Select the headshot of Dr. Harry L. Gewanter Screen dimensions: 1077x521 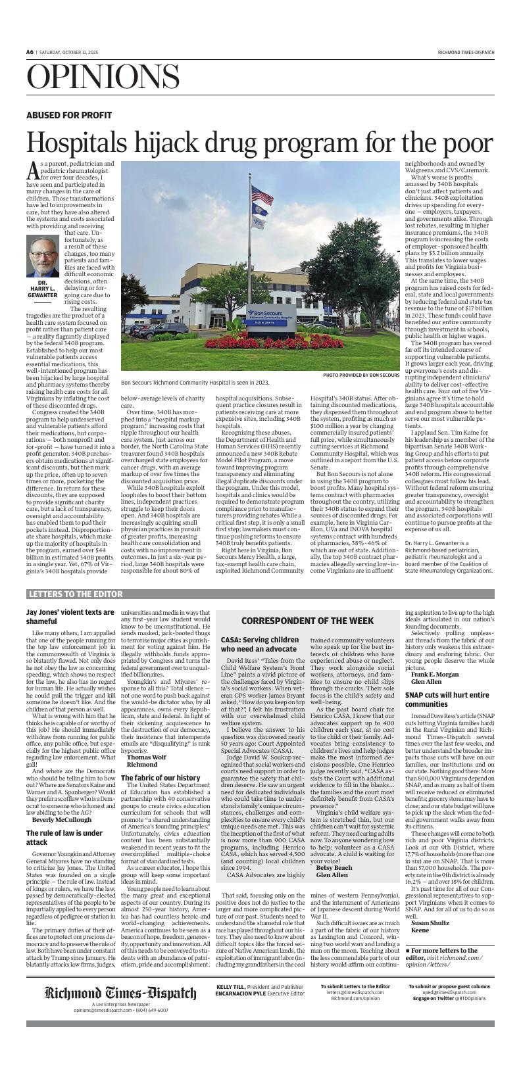tap(42, 256)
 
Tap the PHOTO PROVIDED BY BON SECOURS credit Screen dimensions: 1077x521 tap(360, 375)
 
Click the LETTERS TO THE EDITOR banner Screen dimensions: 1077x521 tap(76, 594)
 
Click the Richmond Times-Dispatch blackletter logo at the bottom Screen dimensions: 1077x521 tap(120, 1011)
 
